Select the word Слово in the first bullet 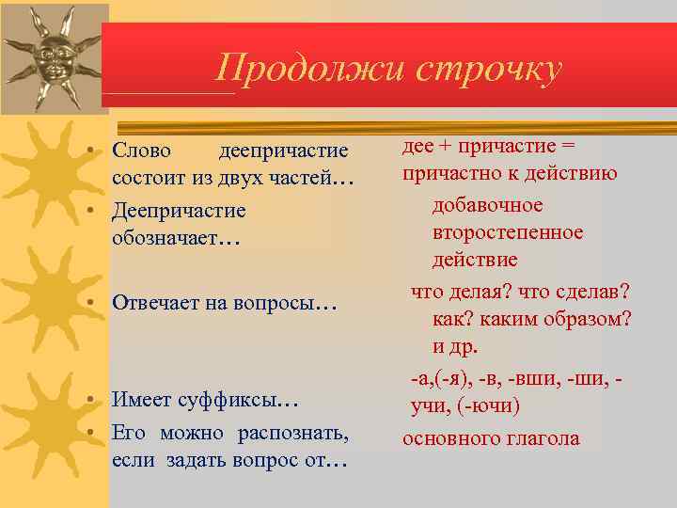[x=141, y=151]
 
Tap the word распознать [x=301, y=433]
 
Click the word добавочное [x=488, y=204]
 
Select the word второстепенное [x=508, y=231]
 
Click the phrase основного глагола [x=491, y=438]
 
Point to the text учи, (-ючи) [x=464, y=406]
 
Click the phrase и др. [x=455, y=346]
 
